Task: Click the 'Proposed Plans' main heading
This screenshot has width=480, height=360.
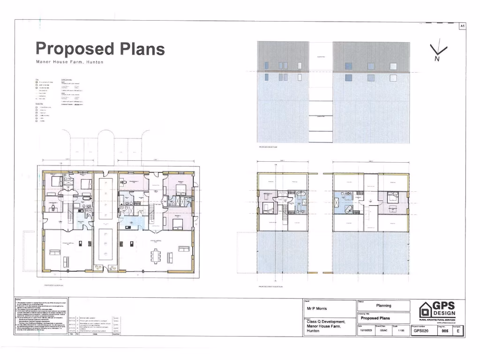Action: click(x=100, y=48)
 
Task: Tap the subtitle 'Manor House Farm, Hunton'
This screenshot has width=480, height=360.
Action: click(x=69, y=62)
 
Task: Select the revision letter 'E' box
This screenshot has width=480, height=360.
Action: click(x=458, y=330)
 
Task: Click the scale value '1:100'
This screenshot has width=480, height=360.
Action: click(x=401, y=330)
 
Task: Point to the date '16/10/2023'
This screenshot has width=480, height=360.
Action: click(x=366, y=330)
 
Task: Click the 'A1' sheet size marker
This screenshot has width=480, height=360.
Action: click(x=462, y=26)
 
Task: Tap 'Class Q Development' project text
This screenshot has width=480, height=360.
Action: click(x=326, y=321)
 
